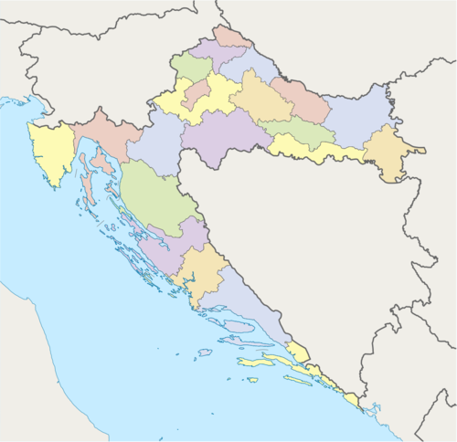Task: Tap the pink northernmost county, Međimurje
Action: (232, 37)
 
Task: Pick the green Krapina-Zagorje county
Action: (191, 66)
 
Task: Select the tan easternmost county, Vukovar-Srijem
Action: (388, 153)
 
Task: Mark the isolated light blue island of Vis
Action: (204, 352)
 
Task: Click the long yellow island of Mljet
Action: (297, 379)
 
